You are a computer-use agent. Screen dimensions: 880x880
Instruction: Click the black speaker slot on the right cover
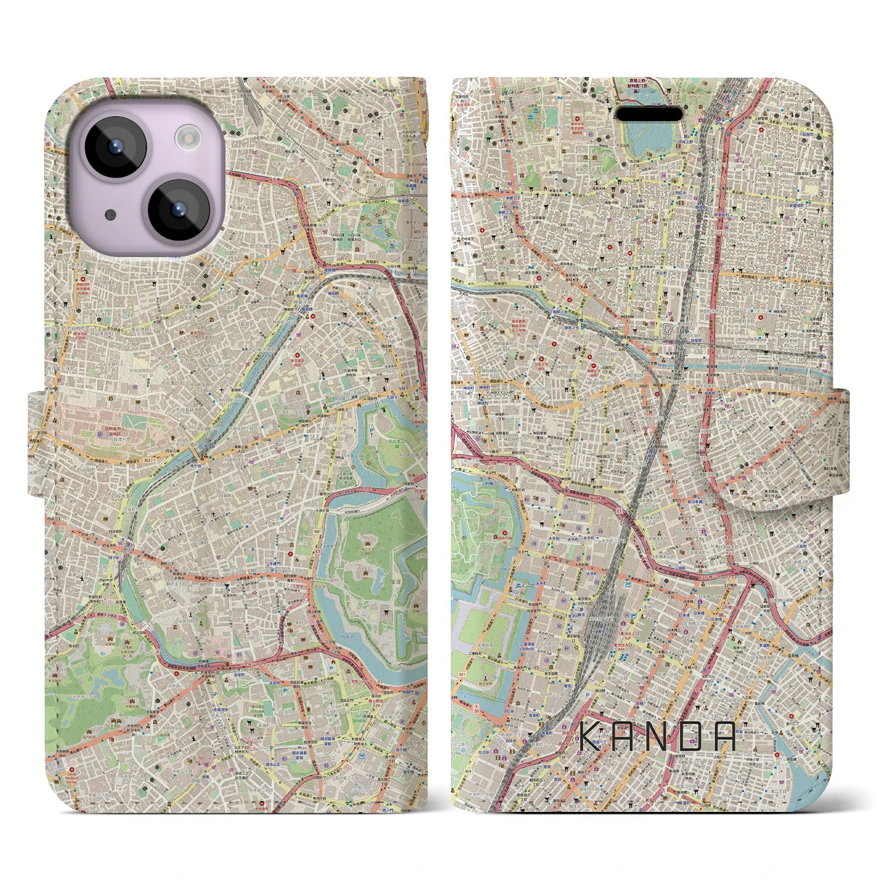click(x=649, y=113)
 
